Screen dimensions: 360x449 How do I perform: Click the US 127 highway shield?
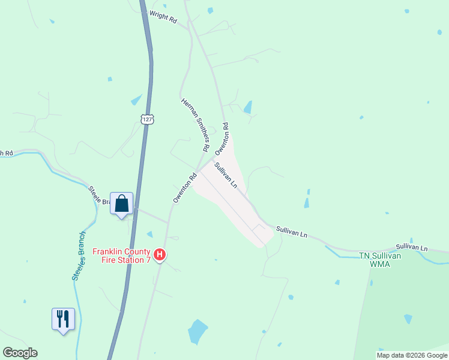tap(148, 119)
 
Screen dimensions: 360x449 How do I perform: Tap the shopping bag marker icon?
tap(122, 204)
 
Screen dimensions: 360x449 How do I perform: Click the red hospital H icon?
tap(160, 255)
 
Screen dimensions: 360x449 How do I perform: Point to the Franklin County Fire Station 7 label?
tap(121, 256)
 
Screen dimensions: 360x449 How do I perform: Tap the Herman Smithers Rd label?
tap(195, 124)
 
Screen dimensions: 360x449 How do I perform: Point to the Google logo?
tap(20, 353)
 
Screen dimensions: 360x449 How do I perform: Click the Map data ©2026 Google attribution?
tap(412, 355)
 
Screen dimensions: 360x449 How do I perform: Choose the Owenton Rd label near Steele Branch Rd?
tap(185, 188)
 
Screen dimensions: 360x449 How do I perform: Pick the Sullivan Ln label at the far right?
tap(412, 247)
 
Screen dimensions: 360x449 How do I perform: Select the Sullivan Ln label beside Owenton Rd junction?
tap(226, 177)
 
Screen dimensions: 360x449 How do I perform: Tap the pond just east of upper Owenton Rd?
tap(247, 107)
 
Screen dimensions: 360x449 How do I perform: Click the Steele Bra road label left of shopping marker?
tap(100, 196)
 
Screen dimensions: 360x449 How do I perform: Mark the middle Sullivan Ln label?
tap(292, 232)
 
